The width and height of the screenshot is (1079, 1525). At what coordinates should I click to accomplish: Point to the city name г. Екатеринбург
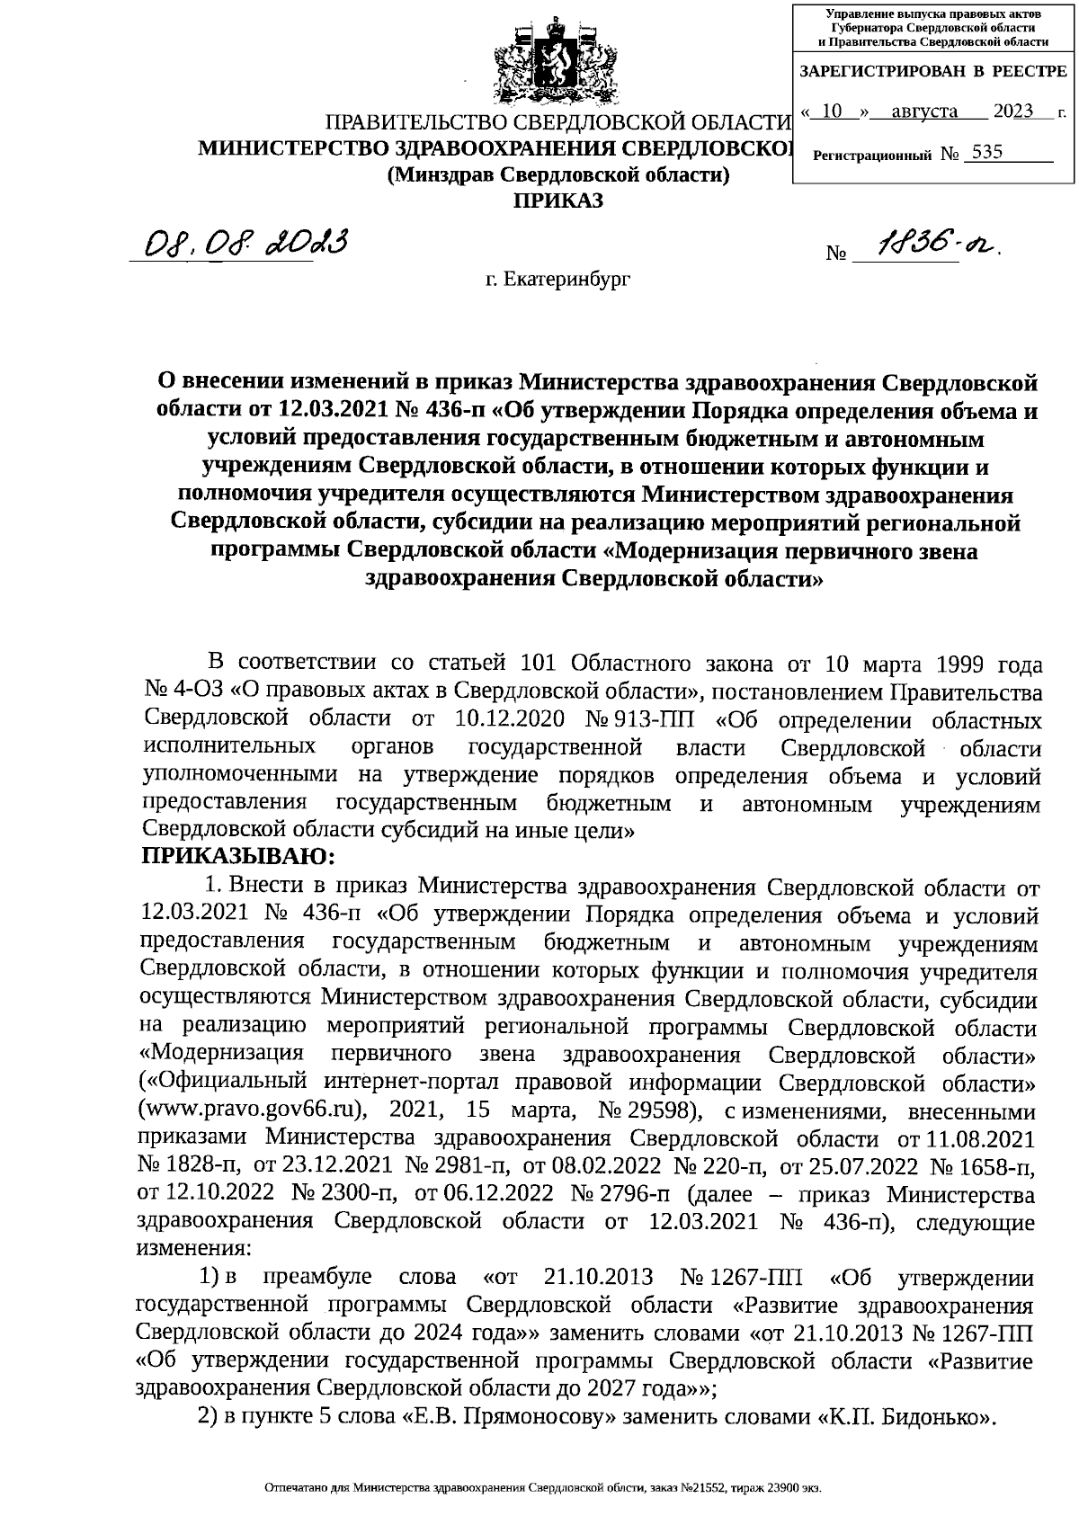(558, 280)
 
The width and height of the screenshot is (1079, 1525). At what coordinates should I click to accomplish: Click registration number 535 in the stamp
(986, 152)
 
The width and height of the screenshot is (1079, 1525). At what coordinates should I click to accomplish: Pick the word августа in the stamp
(924, 111)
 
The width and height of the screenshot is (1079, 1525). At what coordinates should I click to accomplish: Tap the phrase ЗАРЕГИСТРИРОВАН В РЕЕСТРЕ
(932, 71)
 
